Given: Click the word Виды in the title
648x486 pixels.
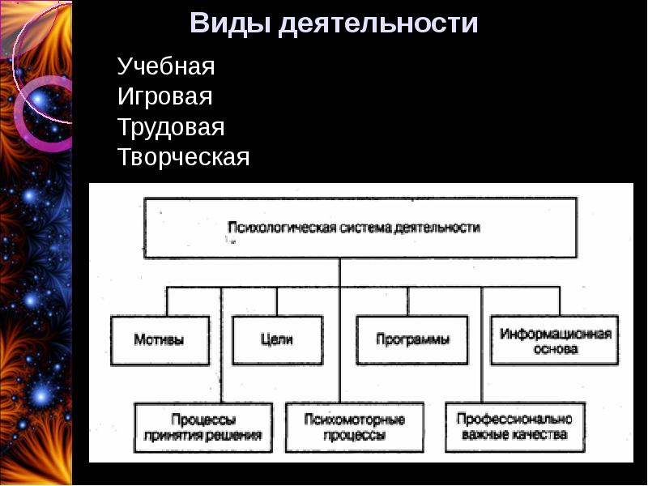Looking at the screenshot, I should pos(229,23).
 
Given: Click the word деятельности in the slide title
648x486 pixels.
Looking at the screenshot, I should pos(378,23).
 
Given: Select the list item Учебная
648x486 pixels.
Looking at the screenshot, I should pos(166,66).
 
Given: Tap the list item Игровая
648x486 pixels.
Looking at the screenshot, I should pos(165,97).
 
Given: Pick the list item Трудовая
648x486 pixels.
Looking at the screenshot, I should pos(171,127).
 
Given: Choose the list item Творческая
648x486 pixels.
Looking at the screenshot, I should pos(184,157).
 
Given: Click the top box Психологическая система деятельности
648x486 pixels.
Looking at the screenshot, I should pos(360,228).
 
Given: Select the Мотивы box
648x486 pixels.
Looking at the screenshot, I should pos(160,340).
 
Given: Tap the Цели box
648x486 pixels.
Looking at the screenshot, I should pos(276,340).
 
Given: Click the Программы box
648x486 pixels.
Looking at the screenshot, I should pos(413,340).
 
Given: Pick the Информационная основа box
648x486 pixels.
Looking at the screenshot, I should pos(555,341).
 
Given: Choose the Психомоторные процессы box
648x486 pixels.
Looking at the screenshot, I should pos(355,427).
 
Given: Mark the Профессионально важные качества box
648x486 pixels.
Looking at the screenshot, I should pos(514,427).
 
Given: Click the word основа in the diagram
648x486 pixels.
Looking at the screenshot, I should pos(556,350).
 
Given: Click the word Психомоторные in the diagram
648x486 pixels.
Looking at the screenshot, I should pos(355,420).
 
